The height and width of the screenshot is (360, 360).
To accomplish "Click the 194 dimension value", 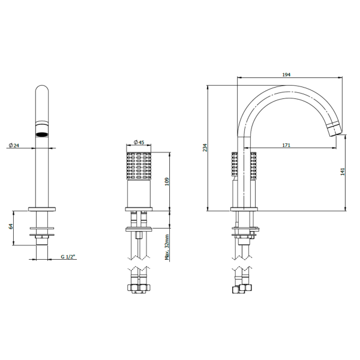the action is (286, 74).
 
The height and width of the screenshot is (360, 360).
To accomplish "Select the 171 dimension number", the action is (286, 145).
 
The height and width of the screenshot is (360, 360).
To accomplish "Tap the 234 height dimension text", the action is (205, 148).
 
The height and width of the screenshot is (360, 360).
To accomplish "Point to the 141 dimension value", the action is (343, 172).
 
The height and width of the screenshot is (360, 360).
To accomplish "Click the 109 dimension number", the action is (167, 181).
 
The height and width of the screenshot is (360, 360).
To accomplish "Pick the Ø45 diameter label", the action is (139, 142).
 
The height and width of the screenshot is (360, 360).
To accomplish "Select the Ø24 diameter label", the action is (14, 145).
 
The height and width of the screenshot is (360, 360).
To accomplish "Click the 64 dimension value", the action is (11, 226).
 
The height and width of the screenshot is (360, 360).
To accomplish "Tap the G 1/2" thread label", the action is (68, 257).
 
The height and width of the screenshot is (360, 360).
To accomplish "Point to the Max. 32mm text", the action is (167, 247).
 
